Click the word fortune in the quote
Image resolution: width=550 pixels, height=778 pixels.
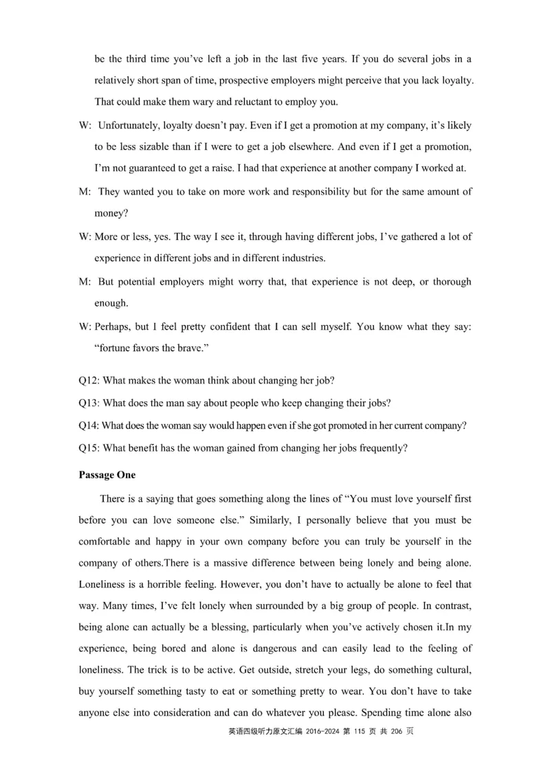pyautogui.click(x=115, y=348)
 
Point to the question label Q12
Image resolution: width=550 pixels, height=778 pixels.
pyautogui.click(x=90, y=381)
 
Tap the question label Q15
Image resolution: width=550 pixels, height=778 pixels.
pyautogui.click(x=90, y=448)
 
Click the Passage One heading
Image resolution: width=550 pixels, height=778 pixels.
pyautogui.click(x=107, y=475)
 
